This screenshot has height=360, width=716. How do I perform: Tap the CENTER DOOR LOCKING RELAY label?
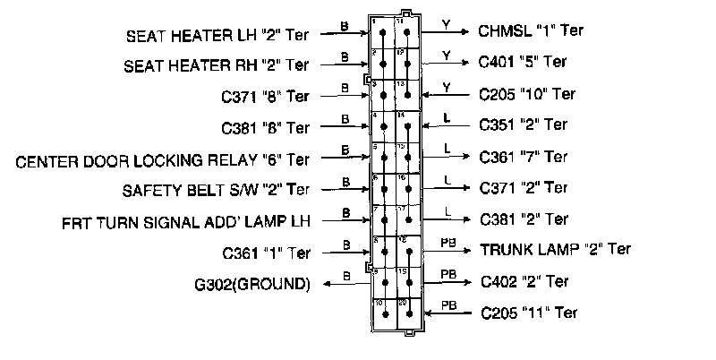point(163,160)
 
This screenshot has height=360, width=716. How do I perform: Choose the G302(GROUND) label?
point(254,285)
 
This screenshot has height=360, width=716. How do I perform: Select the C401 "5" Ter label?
point(523,62)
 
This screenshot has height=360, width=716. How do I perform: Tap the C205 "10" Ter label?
point(527,93)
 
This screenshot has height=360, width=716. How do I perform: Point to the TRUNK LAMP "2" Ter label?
point(556,248)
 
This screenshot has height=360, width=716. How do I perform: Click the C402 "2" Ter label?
point(523,281)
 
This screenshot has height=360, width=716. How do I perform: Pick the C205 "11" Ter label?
point(528,313)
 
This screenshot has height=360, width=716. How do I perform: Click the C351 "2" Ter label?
point(524,124)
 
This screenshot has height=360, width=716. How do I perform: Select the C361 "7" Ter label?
point(524,158)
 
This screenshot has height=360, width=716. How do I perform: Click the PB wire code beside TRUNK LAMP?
point(447,241)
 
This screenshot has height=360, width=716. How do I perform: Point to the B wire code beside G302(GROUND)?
point(345,278)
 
